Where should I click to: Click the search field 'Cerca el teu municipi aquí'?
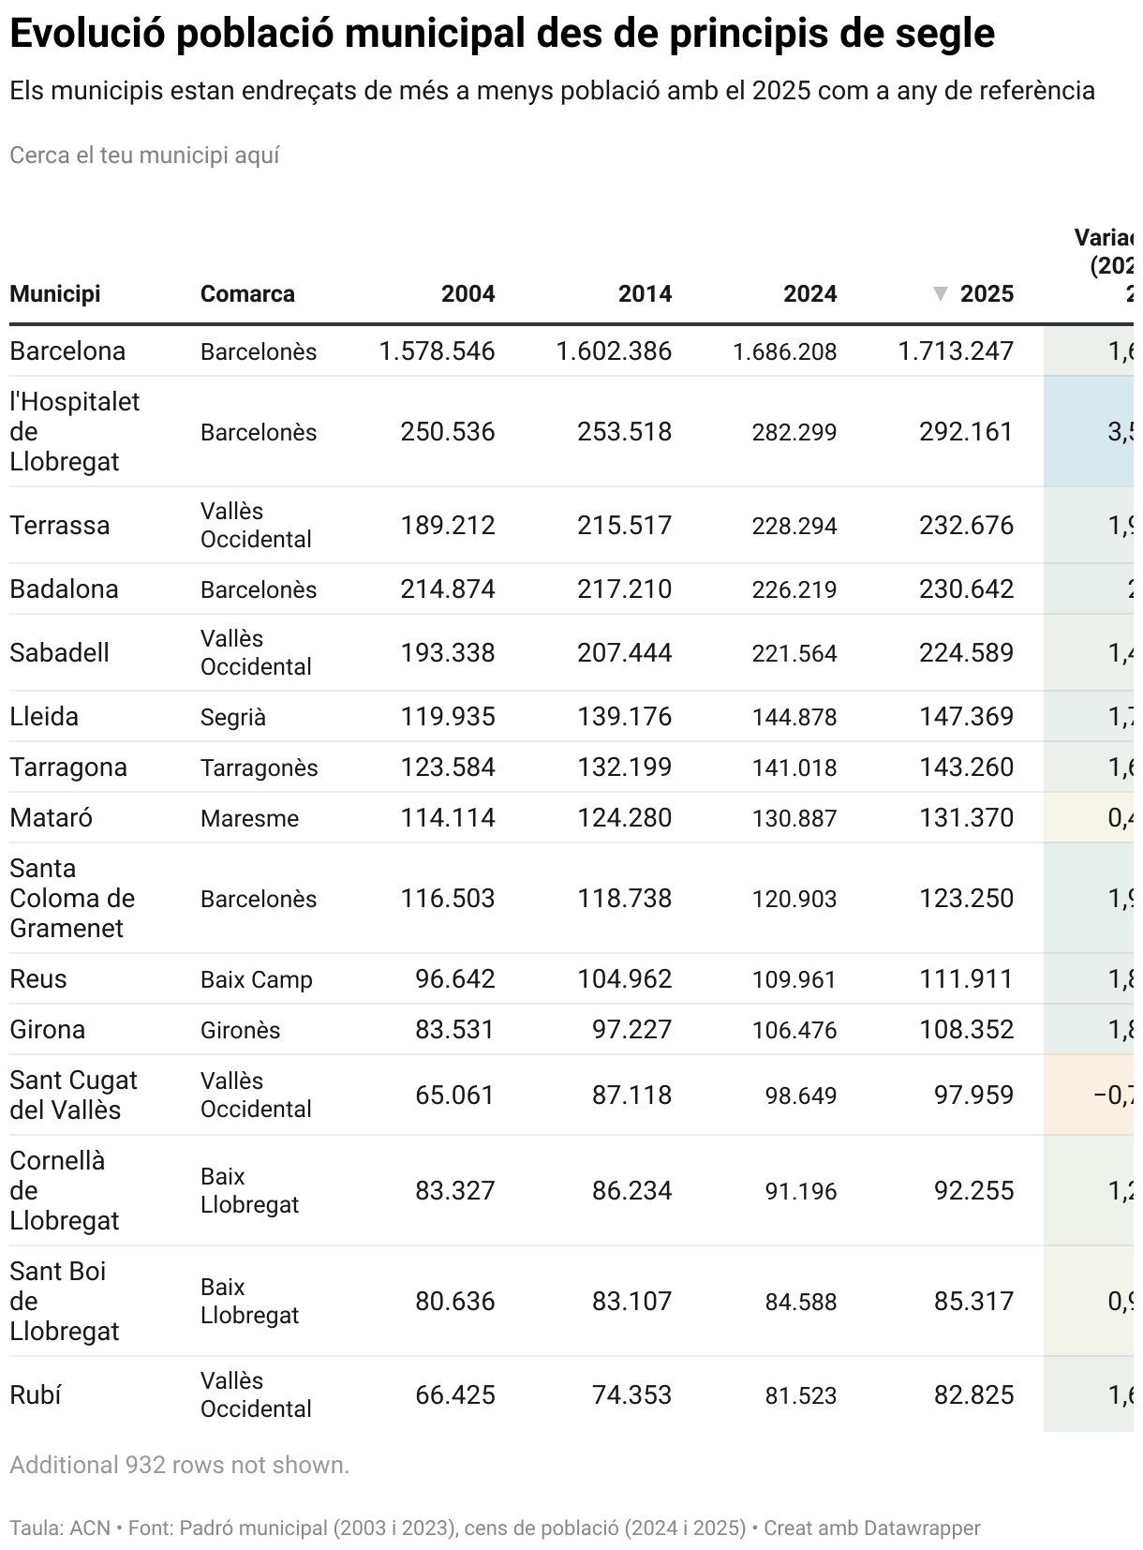(x=144, y=156)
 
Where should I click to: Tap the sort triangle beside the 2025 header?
(x=941, y=294)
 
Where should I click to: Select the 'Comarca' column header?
(x=247, y=294)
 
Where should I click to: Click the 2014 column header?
(x=645, y=294)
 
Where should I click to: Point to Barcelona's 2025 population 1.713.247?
(x=956, y=351)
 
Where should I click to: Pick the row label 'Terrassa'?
(x=60, y=526)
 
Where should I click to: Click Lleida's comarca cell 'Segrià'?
(x=233, y=718)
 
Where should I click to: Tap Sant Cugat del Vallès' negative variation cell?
(x=1113, y=1095)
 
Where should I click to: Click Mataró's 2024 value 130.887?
(x=794, y=818)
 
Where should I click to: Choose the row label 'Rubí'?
(x=36, y=1395)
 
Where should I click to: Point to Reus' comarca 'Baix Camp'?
(x=257, y=980)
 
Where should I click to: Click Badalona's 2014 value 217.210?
(x=624, y=589)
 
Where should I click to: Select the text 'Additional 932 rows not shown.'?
(x=179, y=1466)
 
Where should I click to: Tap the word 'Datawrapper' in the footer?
(x=922, y=1528)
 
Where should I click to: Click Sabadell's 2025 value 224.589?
(x=966, y=653)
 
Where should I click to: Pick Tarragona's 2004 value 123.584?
(x=448, y=768)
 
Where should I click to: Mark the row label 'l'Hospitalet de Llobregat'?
(x=74, y=432)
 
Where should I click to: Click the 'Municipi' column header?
(x=55, y=294)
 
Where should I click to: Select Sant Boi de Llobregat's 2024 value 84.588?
(x=801, y=1303)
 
